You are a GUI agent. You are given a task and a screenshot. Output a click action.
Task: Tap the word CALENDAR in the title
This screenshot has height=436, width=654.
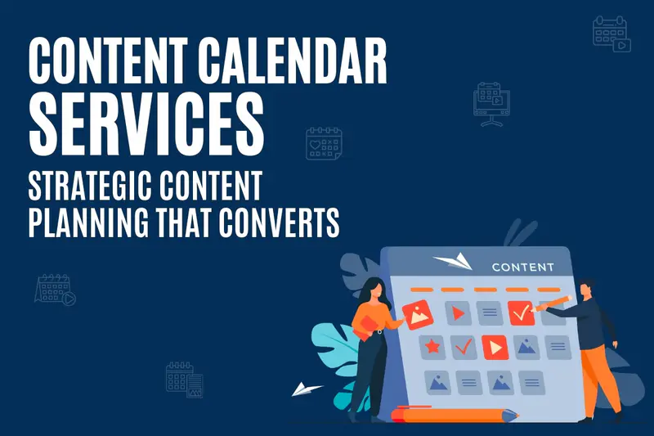click(293, 61)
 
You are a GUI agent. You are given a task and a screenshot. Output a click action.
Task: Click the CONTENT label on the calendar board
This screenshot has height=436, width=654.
click(523, 267)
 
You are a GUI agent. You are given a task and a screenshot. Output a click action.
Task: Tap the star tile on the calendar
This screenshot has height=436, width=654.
click(432, 346)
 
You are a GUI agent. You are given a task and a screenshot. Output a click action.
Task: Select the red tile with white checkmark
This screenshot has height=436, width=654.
click(521, 313)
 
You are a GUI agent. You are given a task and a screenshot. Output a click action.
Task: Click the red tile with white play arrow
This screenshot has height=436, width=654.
click(495, 347)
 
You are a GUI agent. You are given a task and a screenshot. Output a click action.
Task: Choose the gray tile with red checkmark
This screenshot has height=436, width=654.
click(464, 347)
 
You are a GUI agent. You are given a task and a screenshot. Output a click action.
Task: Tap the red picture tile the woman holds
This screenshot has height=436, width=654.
click(418, 315)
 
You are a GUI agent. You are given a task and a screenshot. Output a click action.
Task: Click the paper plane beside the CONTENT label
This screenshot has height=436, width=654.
click(454, 261)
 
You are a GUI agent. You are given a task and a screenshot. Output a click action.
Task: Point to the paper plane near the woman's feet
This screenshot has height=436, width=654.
click(306, 389)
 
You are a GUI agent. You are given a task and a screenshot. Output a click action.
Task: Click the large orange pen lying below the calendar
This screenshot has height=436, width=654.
click(455, 414)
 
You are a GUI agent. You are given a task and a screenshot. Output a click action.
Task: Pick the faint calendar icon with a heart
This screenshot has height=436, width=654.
click(324, 144)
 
